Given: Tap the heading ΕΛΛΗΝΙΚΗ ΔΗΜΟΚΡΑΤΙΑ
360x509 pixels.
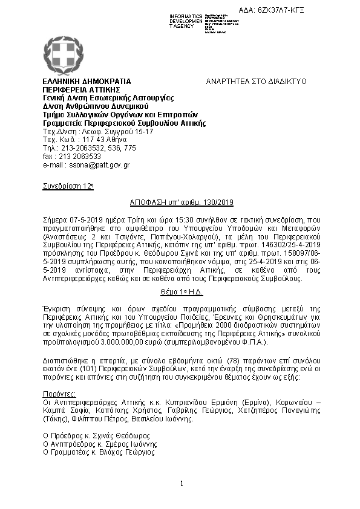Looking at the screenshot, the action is tap(87, 81).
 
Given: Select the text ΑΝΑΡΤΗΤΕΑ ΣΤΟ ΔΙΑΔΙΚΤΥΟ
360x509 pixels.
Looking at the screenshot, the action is tap(256, 81).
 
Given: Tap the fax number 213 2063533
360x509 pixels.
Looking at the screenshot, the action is tap(77, 156).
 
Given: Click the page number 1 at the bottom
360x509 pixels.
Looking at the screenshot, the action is tap(182, 484).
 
